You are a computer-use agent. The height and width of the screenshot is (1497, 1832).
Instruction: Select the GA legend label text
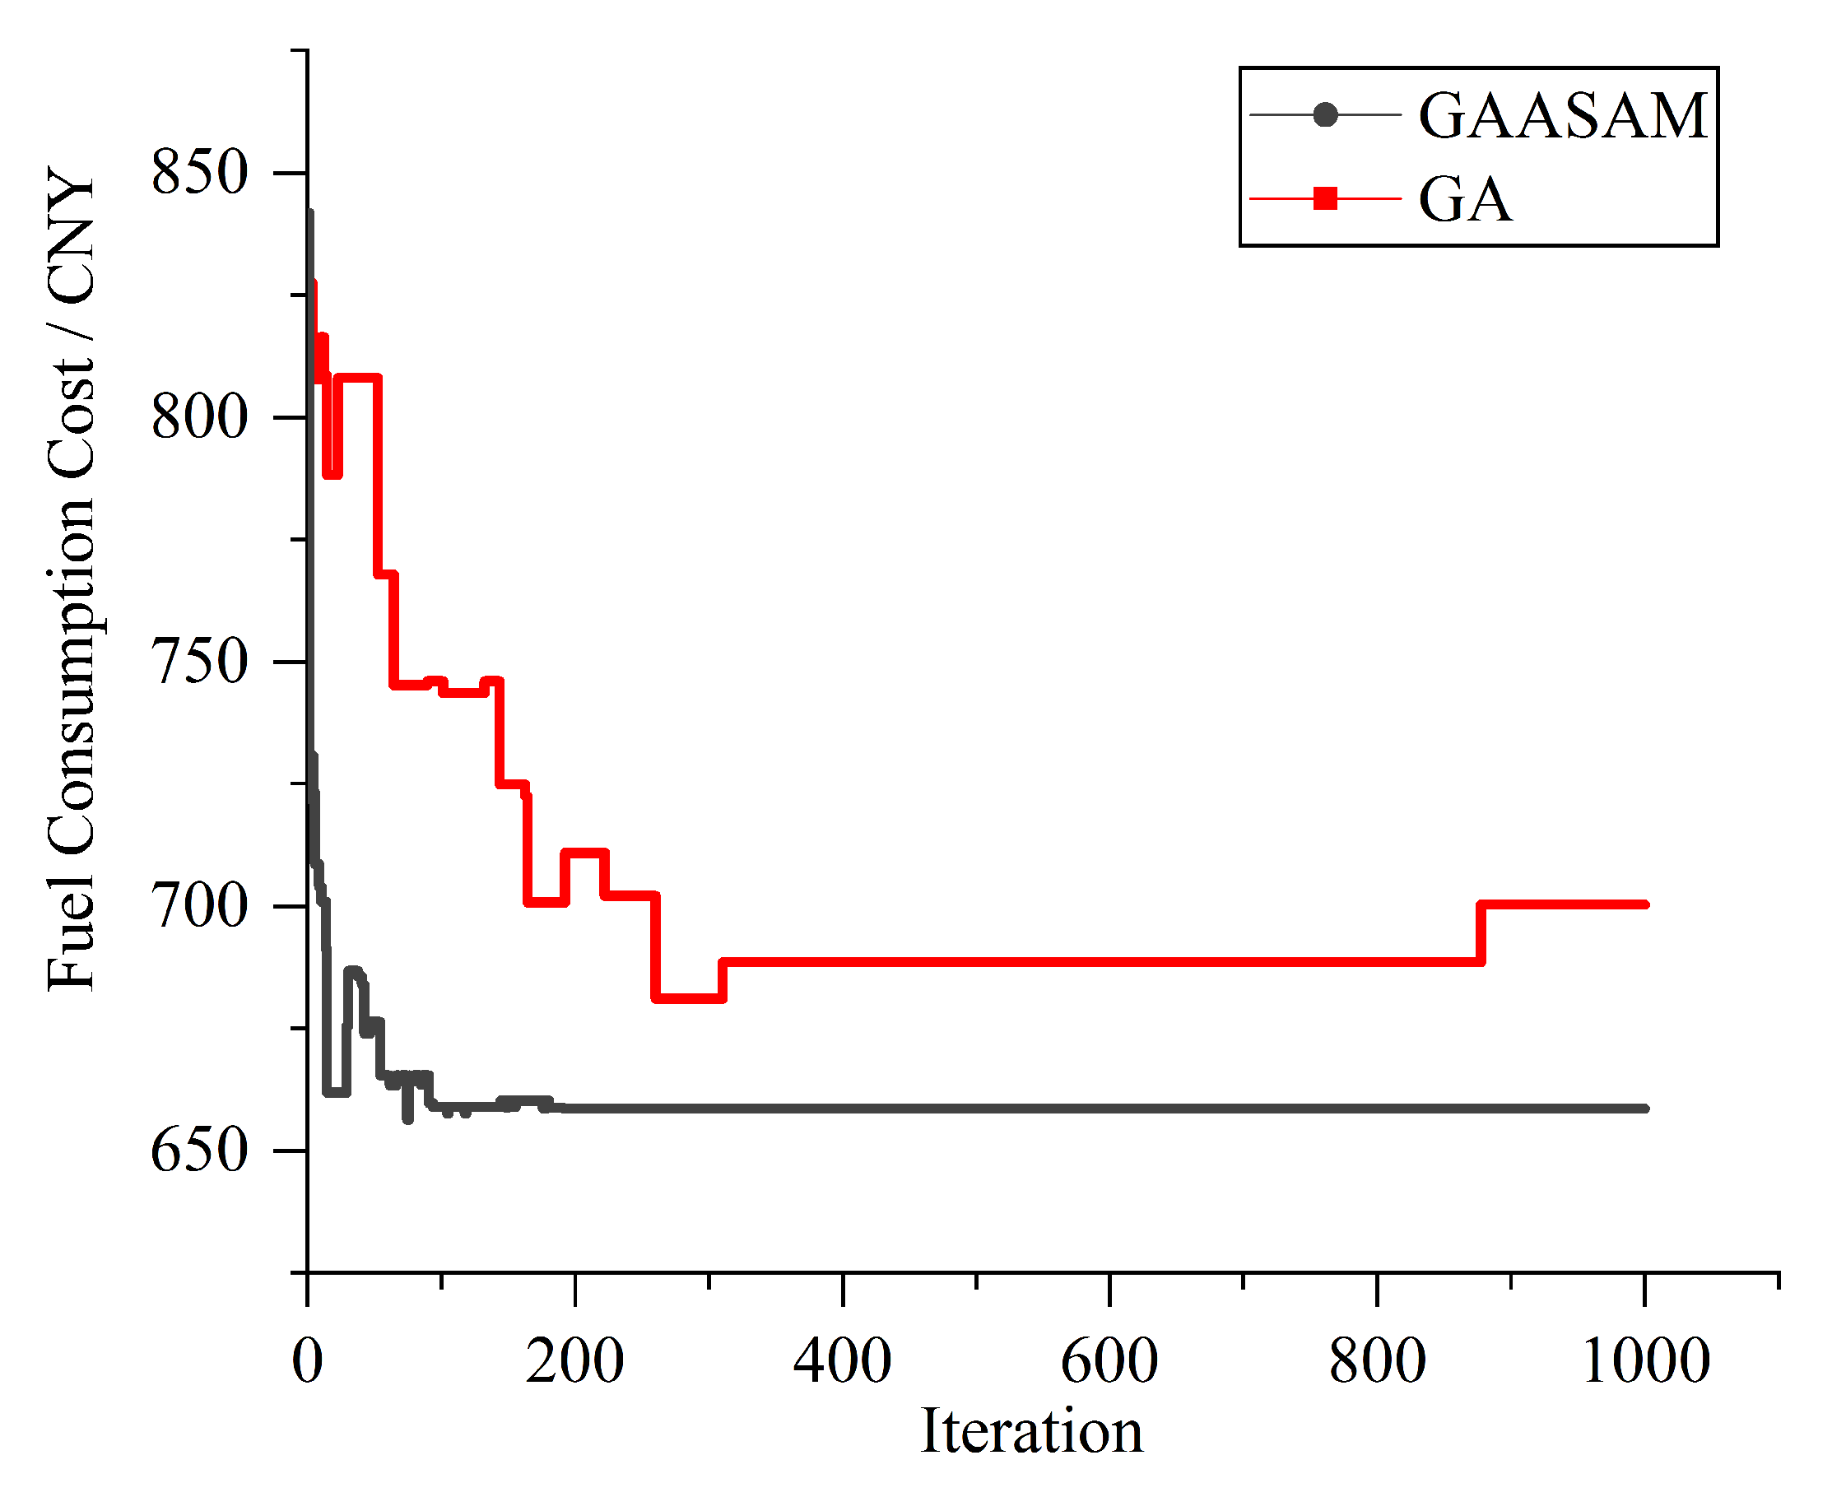click(1465, 200)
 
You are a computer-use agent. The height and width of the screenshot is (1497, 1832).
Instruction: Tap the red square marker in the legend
click(1324, 199)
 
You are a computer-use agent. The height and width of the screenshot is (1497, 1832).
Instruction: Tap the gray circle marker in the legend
click(1324, 114)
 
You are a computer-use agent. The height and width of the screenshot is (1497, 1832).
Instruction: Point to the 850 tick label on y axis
click(199, 172)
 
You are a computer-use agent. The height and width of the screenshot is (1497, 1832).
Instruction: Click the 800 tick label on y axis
click(199, 416)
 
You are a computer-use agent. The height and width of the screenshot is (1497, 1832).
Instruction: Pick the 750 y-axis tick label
click(199, 662)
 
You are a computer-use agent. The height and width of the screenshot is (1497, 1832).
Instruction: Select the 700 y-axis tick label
click(199, 906)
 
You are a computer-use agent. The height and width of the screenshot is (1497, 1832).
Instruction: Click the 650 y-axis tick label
click(199, 1151)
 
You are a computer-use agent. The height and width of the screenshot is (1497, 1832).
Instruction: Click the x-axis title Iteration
click(1031, 1432)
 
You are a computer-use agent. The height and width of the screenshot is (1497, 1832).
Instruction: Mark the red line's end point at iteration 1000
click(1645, 904)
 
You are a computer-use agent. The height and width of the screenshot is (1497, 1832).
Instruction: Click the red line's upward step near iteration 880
click(1481, 933)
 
